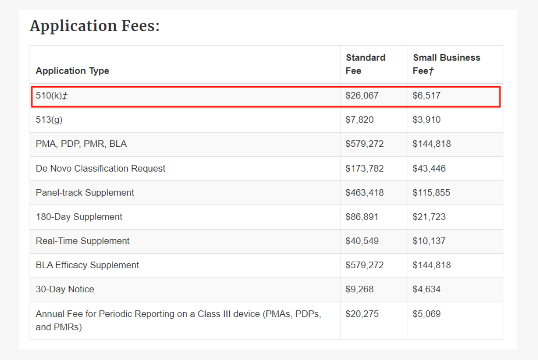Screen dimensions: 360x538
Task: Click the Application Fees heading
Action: click(95, 26)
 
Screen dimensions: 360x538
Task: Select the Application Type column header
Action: click(72, 71)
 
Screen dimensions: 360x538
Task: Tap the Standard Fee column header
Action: click(365, 64)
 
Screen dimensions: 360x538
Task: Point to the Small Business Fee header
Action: click(446, 64)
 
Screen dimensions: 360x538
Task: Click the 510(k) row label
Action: click(51, 96)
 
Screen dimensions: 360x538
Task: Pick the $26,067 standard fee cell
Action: click(362, 96)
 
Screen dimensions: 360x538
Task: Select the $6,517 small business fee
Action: click(426, 96)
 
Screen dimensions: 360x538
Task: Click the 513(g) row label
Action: click(49, 120)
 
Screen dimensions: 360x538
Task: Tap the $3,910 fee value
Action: click(426, 120)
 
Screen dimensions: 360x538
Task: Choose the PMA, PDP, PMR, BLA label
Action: click(81, 144)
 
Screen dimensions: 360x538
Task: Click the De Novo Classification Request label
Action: click(100, 168)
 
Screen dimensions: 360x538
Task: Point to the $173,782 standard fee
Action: click(365, 168)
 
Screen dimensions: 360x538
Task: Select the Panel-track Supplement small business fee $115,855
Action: click(431, 193)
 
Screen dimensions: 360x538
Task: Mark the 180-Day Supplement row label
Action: click(79, 217)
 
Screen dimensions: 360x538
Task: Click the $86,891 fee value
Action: click(362, 217)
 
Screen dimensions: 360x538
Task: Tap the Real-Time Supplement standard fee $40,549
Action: click(362, 241)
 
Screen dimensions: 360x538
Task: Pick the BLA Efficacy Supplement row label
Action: click(87, 265)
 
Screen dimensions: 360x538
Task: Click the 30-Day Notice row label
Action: click(65, 289)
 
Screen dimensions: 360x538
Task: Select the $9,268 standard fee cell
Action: click(359, 289)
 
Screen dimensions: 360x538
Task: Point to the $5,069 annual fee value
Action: click(426, 314)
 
